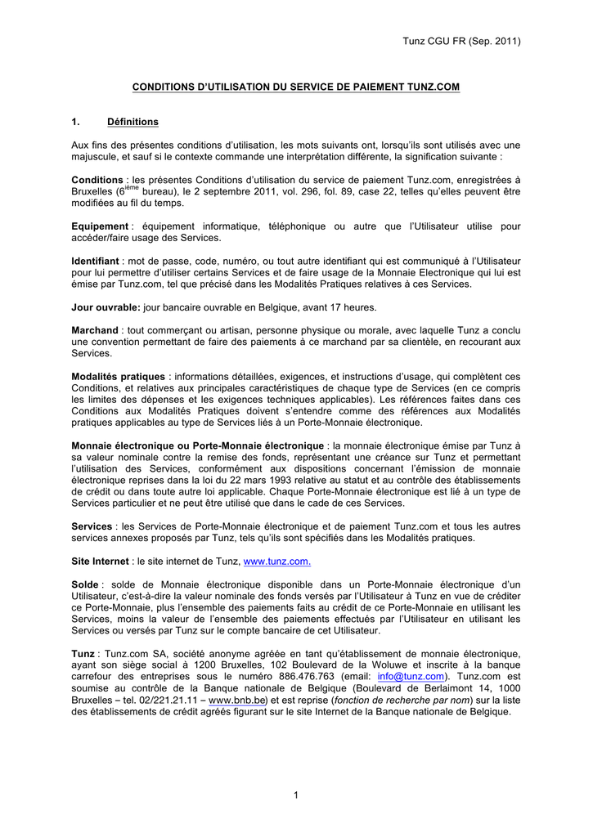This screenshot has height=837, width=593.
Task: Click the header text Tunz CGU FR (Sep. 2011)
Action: coord(462,41)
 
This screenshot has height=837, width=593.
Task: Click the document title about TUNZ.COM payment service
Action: coord(297,86)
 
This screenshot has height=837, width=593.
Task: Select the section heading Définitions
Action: coord(133,122)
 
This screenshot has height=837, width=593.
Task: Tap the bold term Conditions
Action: coord(97,180)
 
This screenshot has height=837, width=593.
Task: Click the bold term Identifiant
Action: coord(96,261)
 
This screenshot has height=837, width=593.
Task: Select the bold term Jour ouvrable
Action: coord(106,307)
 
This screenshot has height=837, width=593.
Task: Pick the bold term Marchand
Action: coord(95,330)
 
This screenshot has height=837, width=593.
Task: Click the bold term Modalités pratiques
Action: coord(118,376)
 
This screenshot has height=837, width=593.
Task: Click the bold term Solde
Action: coord(85,584)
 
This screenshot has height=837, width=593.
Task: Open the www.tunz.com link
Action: coord(277,562)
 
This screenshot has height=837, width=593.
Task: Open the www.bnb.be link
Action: coord(238,700)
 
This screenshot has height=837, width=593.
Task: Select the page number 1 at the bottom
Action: coord(296,795)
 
